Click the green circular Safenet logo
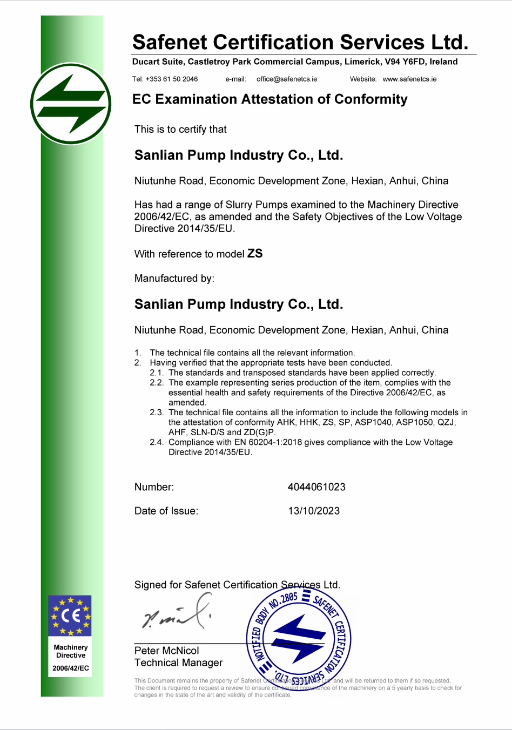[71, 104]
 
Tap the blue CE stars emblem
[70, 616]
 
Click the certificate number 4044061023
[316, 487]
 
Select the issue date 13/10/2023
[314, 511]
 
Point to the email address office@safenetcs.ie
[287, 79]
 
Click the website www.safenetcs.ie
[409, 79]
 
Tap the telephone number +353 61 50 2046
[172, 79]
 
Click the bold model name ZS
[255, 253]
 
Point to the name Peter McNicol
[166, 651]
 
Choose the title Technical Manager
[178, 663]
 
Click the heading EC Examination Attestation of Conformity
[270, 99]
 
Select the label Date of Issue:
[166, 511]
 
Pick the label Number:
[154, 487]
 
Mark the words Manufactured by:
[174, 278]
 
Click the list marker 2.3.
[157, 413]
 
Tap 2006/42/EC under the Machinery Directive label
[71, 668]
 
